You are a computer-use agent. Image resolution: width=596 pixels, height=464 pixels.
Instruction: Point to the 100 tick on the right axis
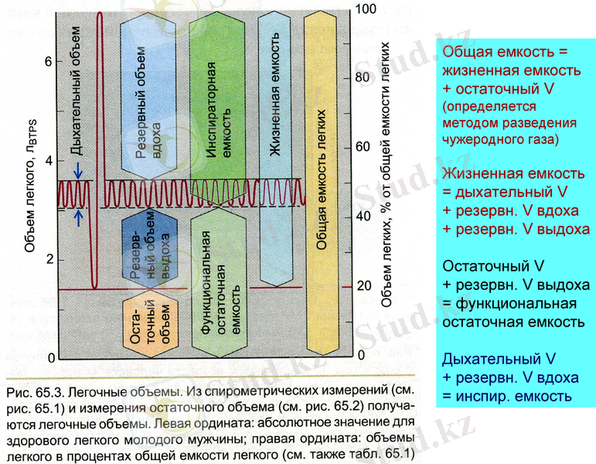364,9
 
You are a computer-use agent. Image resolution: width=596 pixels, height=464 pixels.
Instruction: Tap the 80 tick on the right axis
363,78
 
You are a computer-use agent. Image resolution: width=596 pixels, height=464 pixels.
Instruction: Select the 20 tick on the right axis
363,286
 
